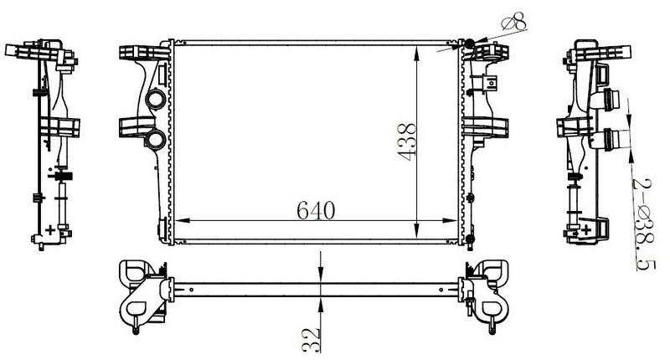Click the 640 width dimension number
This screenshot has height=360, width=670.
point(316,210)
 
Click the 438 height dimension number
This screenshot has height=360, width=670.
point(407,141)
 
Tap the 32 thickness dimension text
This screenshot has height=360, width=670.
point(312,340)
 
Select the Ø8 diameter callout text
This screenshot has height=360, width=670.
point(514,23)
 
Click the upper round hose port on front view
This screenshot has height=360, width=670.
point(155,100)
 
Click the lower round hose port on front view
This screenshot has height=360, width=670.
point(155,139)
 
